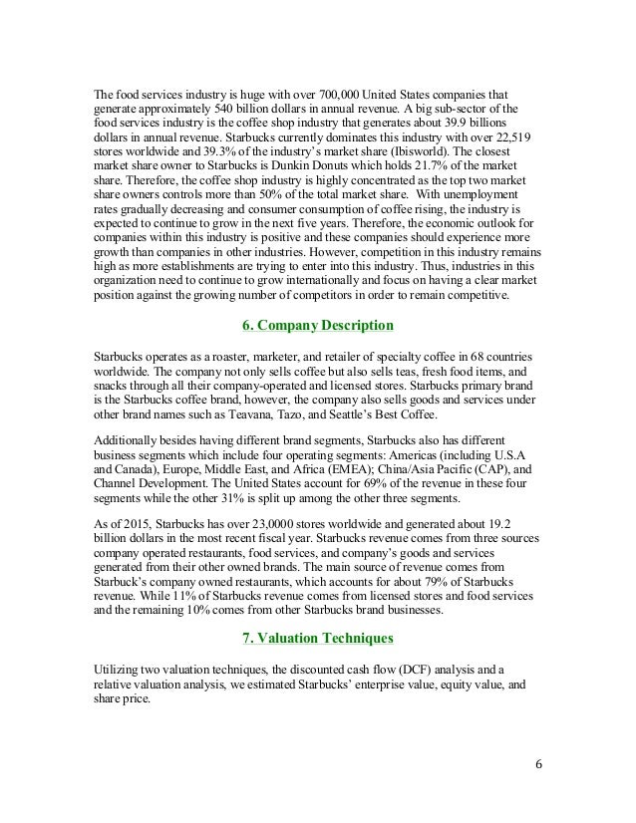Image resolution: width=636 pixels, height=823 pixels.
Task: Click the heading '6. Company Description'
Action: coord(318,326)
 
